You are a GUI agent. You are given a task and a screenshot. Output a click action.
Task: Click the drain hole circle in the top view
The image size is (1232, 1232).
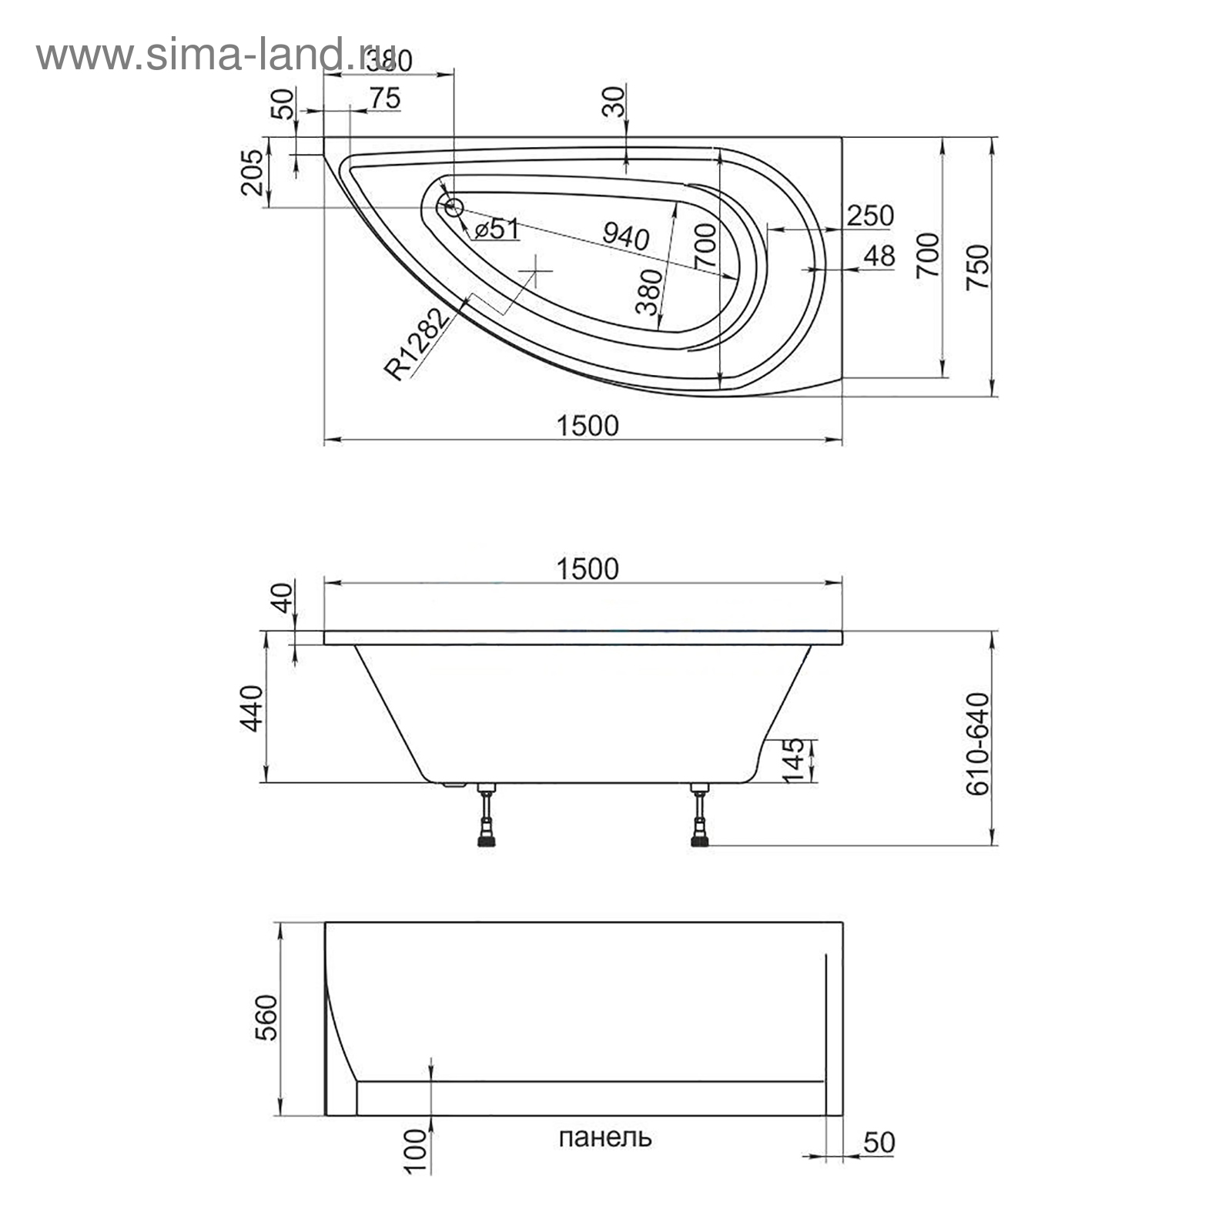click(x=452, y=206)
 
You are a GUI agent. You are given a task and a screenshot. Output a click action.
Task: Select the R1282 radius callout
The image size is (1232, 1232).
click(x=417, y=344)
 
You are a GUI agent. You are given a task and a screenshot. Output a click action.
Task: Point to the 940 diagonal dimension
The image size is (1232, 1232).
click(x=624, y=234)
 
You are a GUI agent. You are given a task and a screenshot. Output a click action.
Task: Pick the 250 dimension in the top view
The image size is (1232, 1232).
click(x=870, y=216)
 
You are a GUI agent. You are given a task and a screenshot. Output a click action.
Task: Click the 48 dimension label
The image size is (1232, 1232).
click(x=879, y=256)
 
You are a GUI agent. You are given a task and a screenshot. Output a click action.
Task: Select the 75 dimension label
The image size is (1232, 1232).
click(x=384, y=99)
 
